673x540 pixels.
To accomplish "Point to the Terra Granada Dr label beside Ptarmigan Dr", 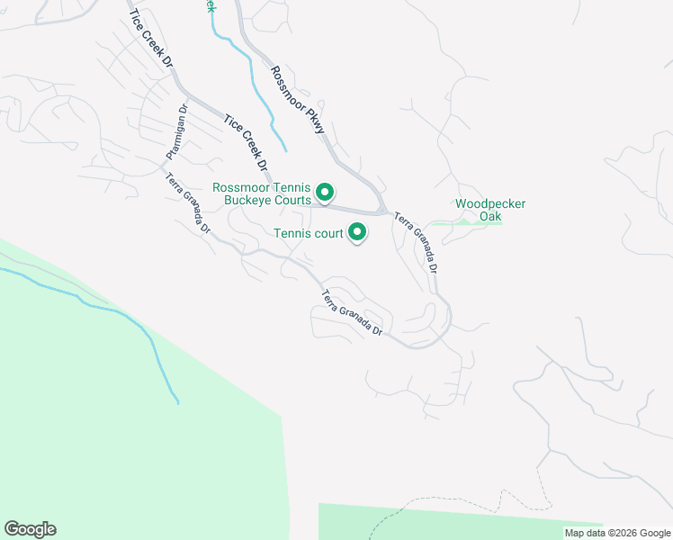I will pos(188,202).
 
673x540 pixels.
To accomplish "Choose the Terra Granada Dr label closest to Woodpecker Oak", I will pos(417,242).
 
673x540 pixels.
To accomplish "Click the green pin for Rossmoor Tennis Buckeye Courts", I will pos(326,192).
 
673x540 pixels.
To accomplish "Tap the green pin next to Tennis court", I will pos(358,233).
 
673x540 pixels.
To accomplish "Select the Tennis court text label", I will pos(309,234).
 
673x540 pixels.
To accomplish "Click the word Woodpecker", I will pos(490,203).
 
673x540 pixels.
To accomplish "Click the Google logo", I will pos(30,529).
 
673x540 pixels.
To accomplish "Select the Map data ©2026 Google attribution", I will pos(617,533).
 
